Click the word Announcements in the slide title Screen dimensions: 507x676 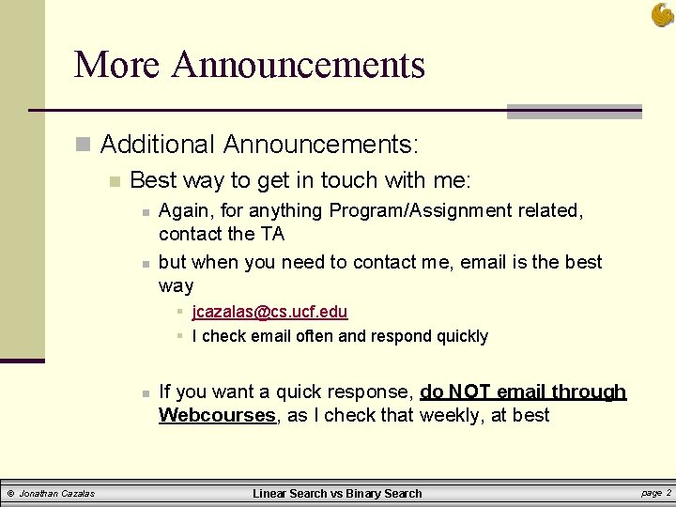[x=299, y=65]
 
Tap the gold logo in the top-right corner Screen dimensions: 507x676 [x=662, y=14]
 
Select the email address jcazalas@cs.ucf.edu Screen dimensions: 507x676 [x=269, y=312]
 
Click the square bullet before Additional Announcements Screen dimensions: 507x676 [x=84, y=146]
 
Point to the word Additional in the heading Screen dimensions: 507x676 [x=158, y=145]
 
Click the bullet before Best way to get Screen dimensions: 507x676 [x=114, y=181]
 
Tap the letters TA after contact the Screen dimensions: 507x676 [x=272, y=234]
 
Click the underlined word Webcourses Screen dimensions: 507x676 [x=217, y=415]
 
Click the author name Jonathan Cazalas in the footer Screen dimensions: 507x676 [x=57, y=493]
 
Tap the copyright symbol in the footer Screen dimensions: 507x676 [x=10, y=493]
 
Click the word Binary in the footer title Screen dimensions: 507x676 [x=358, y=493]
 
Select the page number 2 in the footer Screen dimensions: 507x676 [x=668, y=492]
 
